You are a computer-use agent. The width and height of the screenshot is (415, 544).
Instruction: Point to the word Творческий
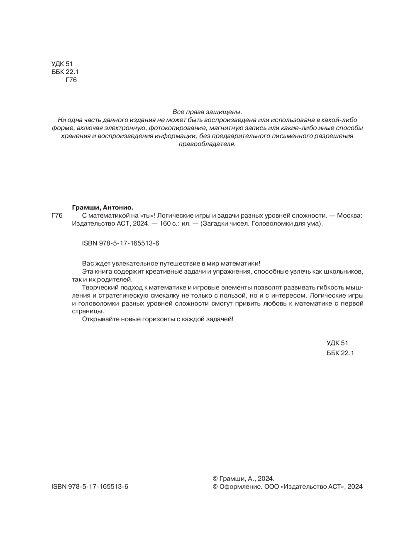point(100,287)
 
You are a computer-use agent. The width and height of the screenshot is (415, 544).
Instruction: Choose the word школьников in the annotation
point(347,272)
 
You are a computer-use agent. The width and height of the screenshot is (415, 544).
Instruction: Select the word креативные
point(169,272)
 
